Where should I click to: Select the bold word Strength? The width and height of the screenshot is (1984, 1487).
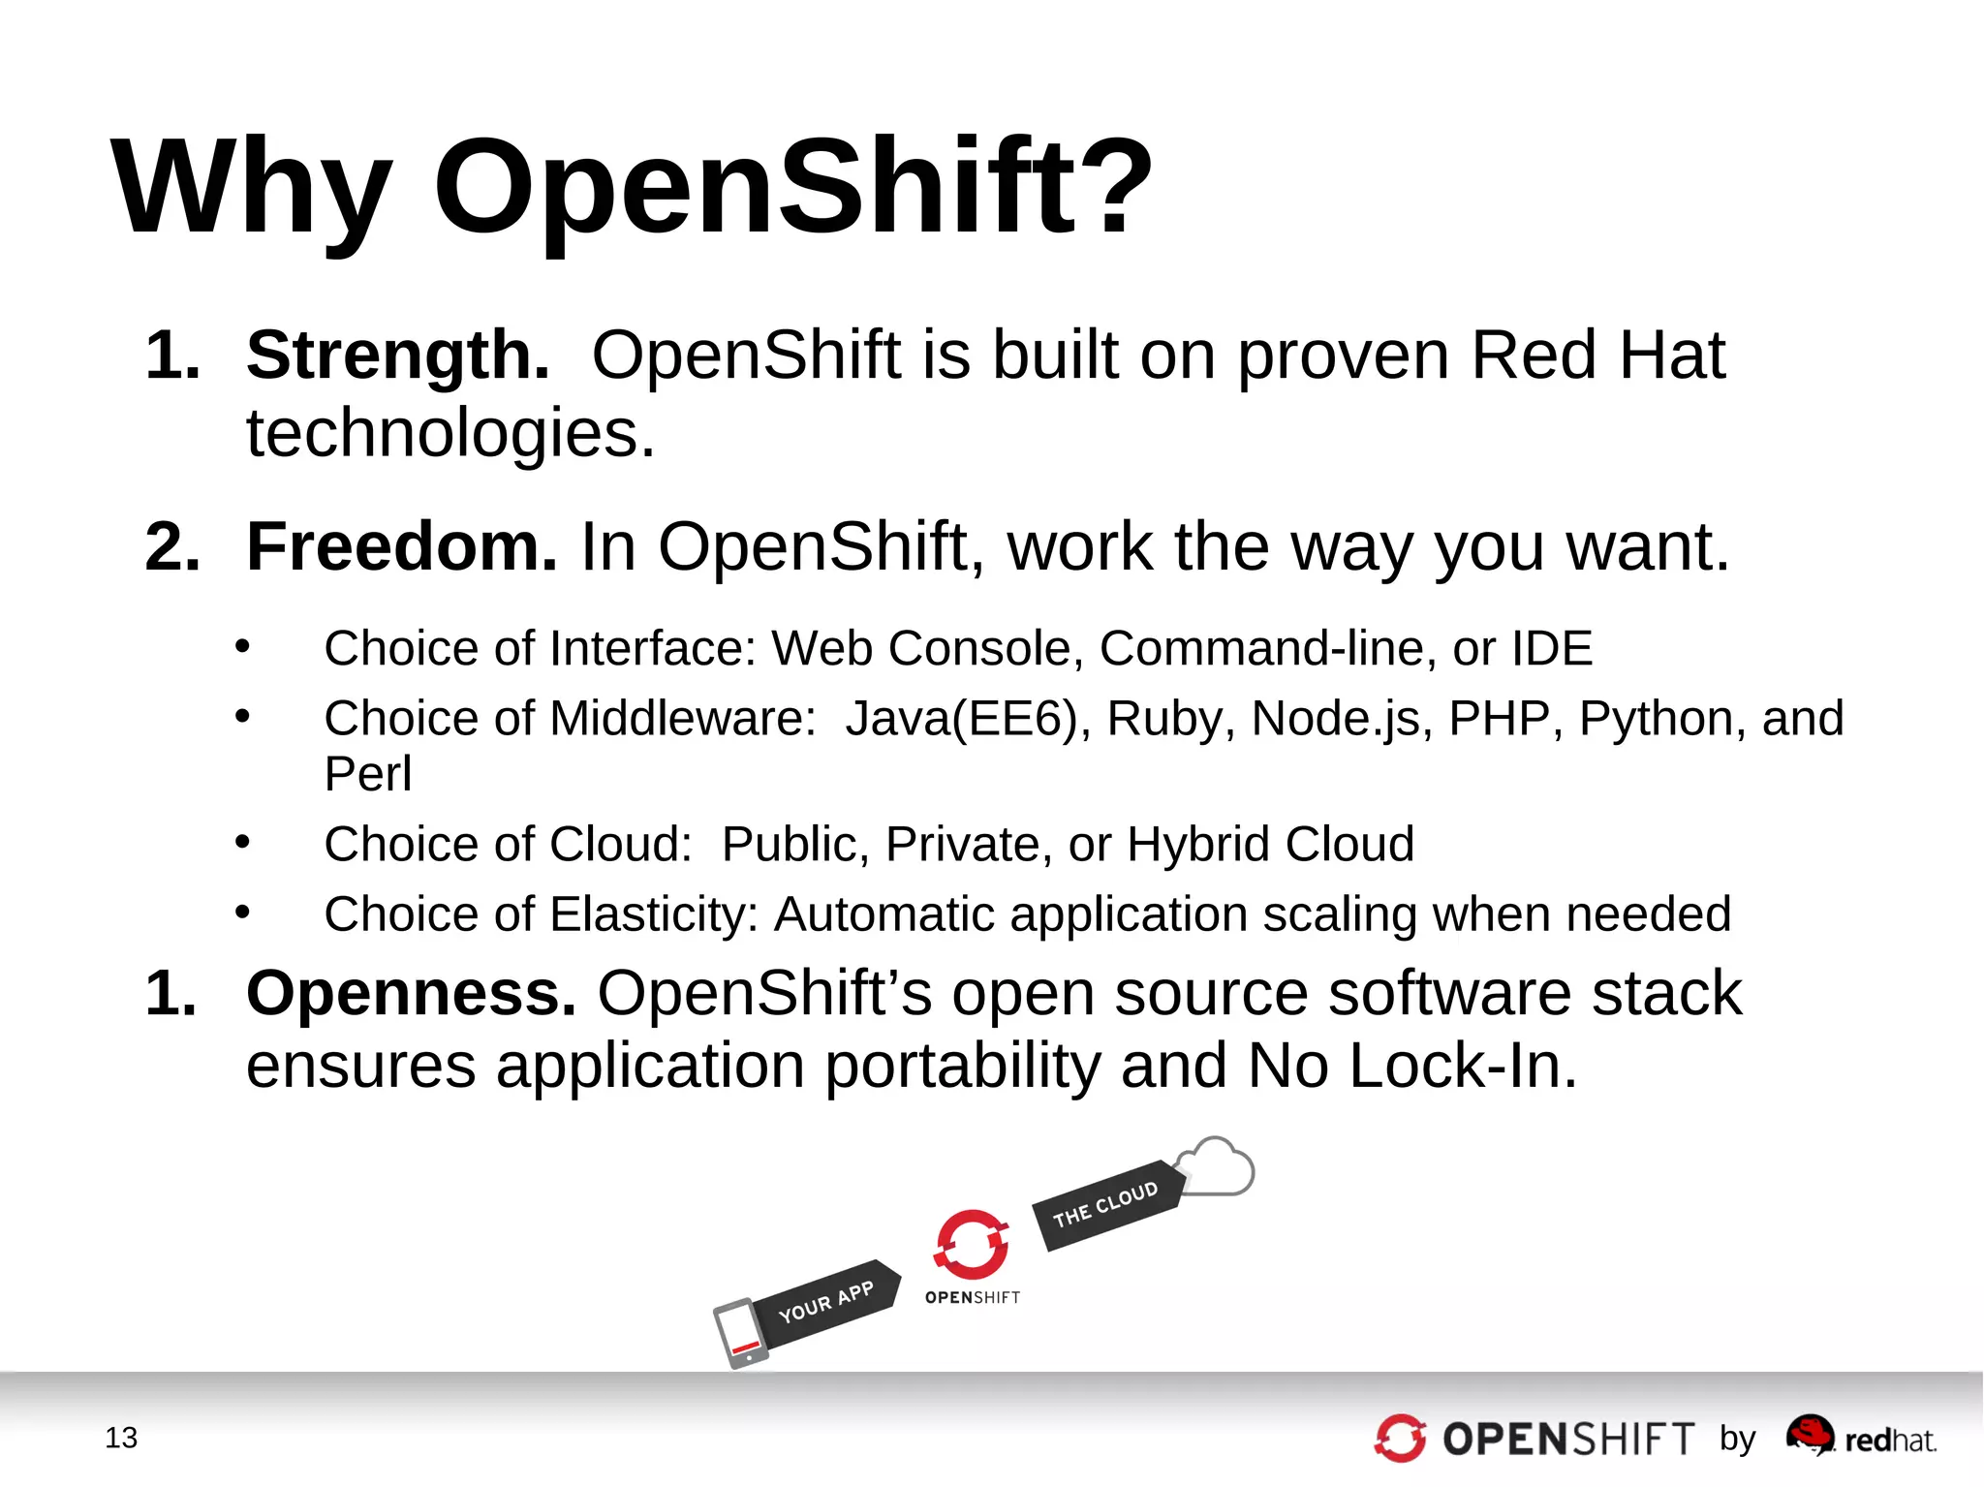tap(397, 355)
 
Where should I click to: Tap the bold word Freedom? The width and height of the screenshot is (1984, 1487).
tap(401, 546)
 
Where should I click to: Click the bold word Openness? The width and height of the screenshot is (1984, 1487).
tap(411, 993)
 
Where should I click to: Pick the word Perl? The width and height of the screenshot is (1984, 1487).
tap(367, 774)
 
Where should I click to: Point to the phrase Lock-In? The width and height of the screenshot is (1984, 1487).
tap(1461, 1066)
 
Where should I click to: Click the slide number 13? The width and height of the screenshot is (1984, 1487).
tap(121, 1438)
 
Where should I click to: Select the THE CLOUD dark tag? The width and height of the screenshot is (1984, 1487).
tap(1106, 1204)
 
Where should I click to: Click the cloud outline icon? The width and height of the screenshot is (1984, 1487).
tap(1217, 1167)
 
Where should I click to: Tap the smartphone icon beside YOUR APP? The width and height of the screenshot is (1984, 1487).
tap(741, 1334)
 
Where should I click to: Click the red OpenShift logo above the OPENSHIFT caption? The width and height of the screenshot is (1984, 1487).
tap(972, 1245)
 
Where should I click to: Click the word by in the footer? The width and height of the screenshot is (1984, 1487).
tap(1737, 1439)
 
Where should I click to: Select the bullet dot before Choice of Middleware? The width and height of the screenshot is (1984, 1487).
tap(242, 717)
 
